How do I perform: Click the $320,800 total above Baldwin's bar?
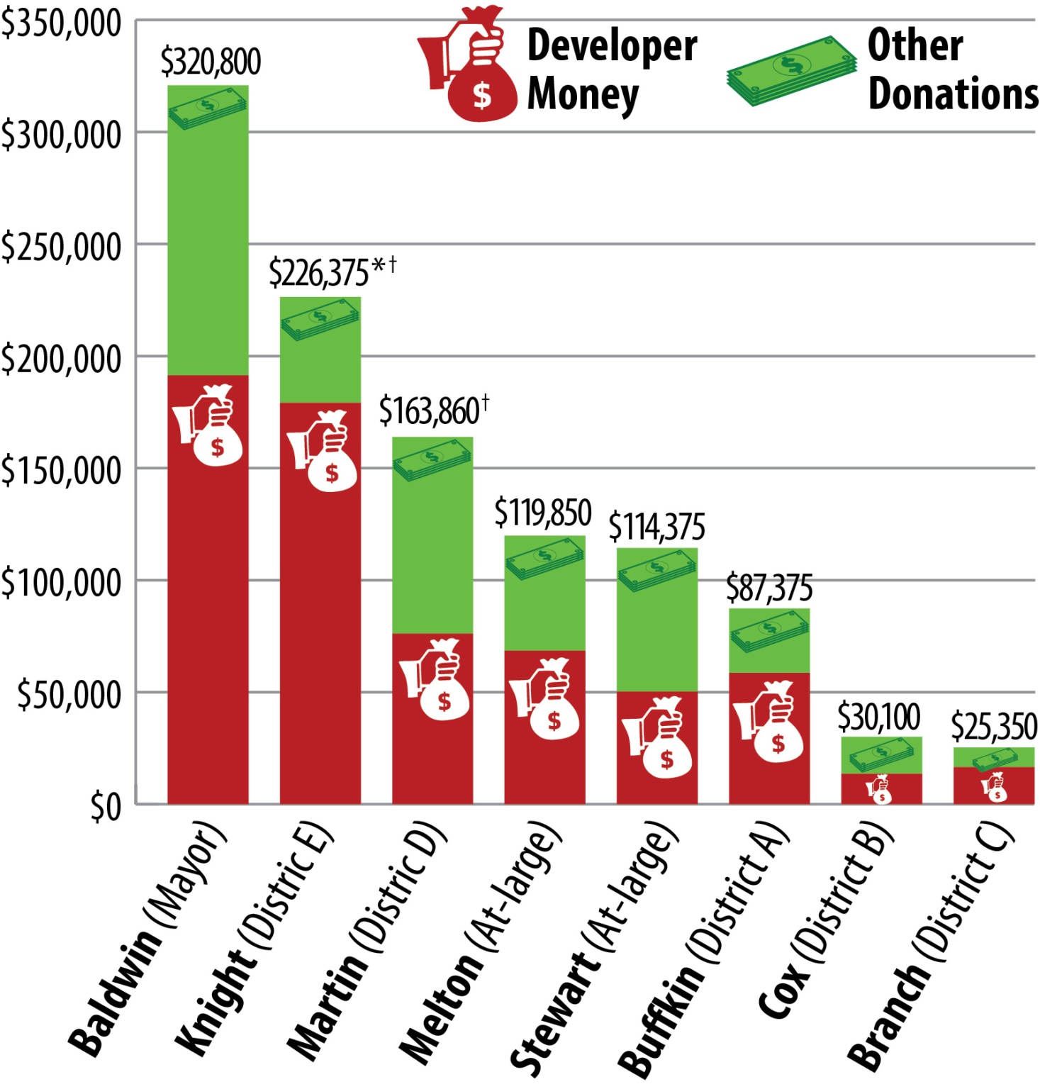tap(211, 62)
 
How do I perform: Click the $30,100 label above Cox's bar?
tap(879, 717)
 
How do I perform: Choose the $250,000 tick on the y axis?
tap(61, 247)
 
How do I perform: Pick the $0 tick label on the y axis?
tap(106, 807)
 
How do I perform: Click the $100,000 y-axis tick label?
tap(61, 583)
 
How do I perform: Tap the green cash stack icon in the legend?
tap(791, 72)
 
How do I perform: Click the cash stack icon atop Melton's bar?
tap(544, 557)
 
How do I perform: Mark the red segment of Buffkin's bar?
tap(769, 780)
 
